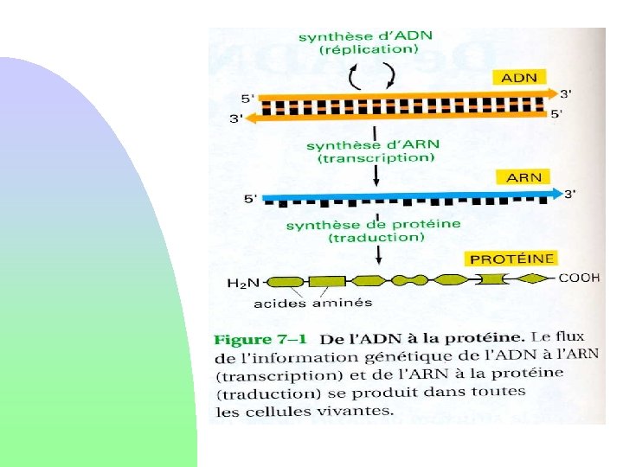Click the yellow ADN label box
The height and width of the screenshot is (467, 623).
(518, 77)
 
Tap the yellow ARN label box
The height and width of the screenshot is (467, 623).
(523, 177)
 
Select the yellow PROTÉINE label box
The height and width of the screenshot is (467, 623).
(512, 259)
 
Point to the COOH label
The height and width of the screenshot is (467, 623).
(579, 278)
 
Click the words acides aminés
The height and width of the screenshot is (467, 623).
(300, 303)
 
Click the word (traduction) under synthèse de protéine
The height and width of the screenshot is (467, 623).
(375, 237)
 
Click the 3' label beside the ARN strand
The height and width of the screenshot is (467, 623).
(569, 195)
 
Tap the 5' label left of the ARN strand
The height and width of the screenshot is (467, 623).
(251, 199)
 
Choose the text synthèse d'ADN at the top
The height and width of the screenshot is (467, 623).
(365, 36)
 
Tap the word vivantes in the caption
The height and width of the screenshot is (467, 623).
(356, 410)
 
